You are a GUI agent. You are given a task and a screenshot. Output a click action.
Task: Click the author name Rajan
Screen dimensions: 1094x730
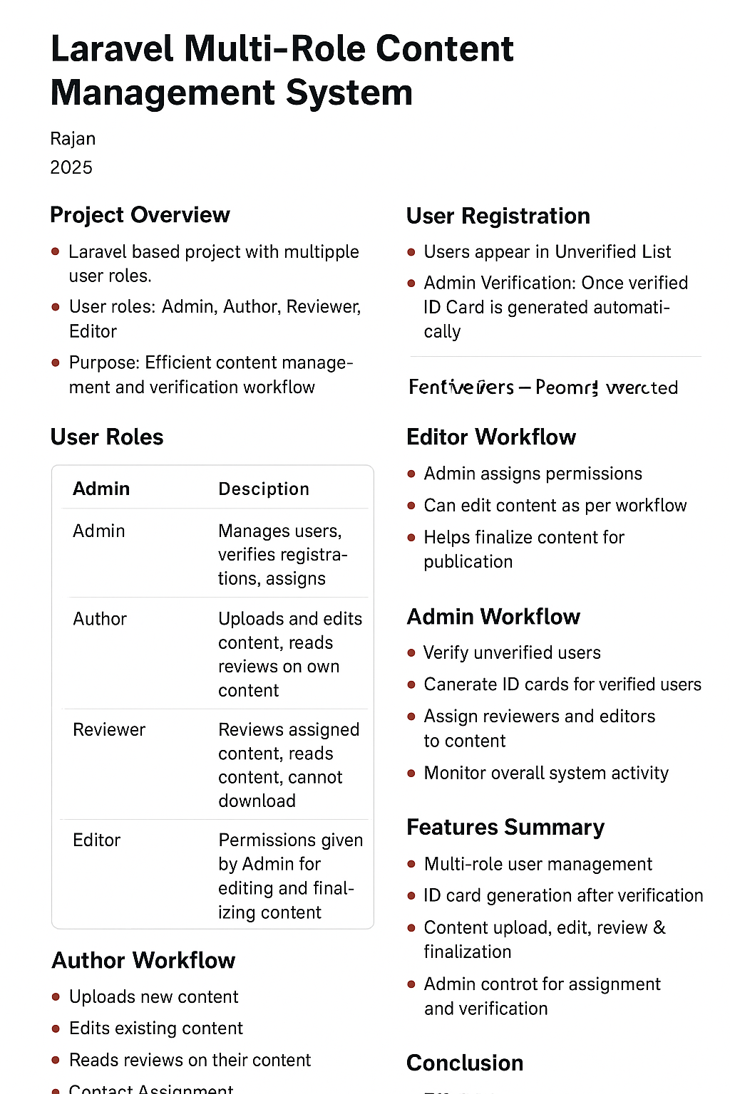click(73, 139)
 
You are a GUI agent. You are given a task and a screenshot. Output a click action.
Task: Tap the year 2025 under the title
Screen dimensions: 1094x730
click(71, 167)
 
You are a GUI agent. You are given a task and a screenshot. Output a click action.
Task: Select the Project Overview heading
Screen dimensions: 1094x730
click(140, 215)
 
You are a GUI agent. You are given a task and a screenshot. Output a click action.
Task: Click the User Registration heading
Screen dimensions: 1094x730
click(498, 216)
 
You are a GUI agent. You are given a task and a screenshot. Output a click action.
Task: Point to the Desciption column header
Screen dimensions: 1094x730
click(264, 489)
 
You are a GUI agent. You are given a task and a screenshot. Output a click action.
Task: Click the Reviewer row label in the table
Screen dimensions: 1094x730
click(109, 729)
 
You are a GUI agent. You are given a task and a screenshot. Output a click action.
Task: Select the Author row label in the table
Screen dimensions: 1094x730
click(100, 619)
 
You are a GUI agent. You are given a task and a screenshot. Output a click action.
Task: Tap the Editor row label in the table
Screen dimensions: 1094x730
click(97, 840)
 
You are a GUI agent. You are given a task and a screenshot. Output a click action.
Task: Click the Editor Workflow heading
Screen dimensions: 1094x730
click(491, 437)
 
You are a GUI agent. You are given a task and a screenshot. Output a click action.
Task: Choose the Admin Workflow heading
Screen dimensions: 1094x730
click(493, 616)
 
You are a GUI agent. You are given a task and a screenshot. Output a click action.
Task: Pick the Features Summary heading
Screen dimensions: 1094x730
click(505, 827)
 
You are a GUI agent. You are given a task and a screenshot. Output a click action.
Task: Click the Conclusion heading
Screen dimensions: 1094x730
click(465, 1063)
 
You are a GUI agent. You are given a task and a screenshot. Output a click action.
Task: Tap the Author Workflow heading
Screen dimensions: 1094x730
click(143, 960)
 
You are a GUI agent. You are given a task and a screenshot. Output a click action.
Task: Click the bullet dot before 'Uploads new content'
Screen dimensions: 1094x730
click(56, 997)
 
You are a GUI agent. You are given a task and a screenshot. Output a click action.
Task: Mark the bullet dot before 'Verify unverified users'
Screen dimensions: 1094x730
click(411, 652)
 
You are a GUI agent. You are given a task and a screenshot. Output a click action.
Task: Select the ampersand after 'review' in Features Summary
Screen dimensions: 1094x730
click(659, 927)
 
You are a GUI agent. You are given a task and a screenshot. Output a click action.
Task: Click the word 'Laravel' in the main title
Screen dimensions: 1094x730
click(112, 50)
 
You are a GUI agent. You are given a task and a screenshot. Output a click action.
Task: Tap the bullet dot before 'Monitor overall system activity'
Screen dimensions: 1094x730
click(411, 773)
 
